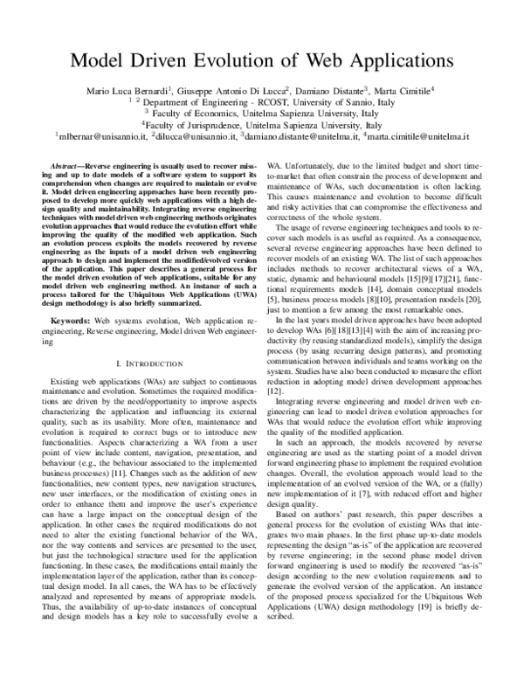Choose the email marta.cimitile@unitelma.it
click(x=418, y=137)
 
